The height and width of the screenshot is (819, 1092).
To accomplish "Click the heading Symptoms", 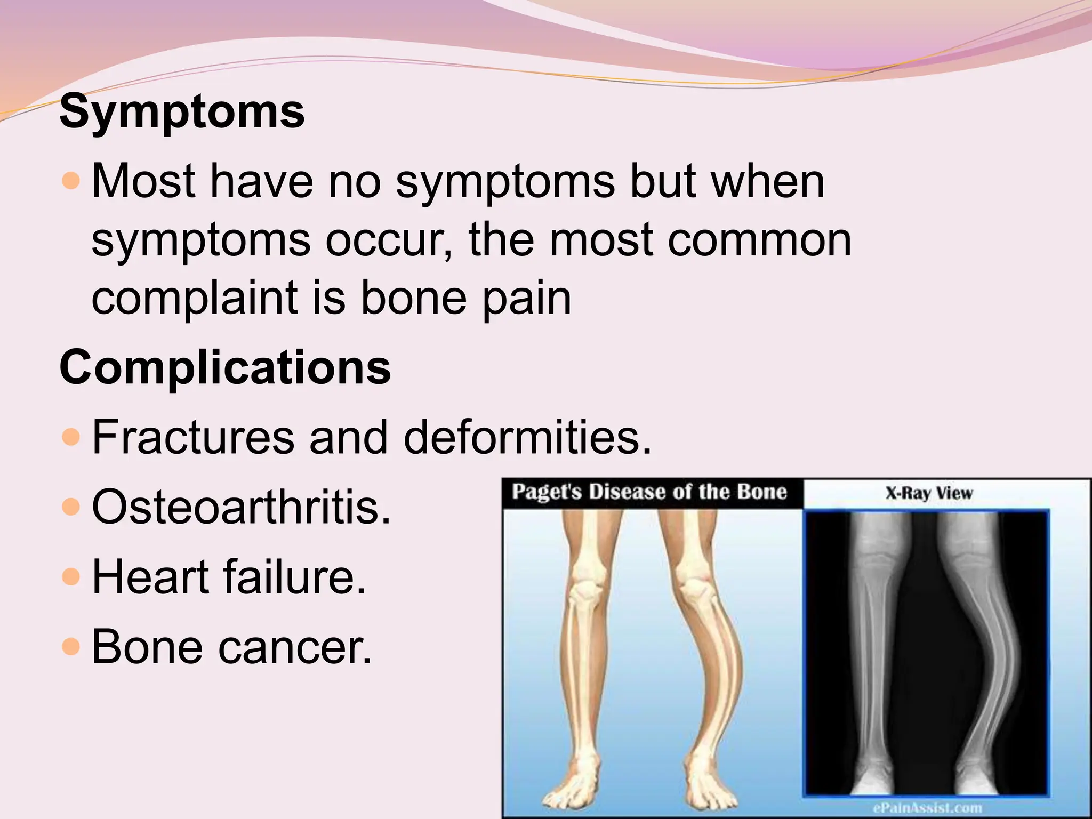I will [x=182, y=112].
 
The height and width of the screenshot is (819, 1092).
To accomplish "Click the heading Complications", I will [x=225, y=367].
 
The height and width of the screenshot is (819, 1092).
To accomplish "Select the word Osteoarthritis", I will [x=241, y=507].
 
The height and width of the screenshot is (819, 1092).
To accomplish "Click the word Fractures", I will [x=193, y=437].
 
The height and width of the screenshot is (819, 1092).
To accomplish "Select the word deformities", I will [x=527, y=437].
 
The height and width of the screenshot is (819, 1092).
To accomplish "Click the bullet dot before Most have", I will [x=70, y=181].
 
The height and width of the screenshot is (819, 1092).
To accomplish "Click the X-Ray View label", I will [x=929, y=493].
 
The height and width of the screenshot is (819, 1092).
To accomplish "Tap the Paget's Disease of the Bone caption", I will [x=649, y=492].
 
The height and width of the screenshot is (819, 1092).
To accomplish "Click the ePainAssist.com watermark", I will [x=928, y=807].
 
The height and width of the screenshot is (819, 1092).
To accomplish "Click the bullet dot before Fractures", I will [x=70, y=437].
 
